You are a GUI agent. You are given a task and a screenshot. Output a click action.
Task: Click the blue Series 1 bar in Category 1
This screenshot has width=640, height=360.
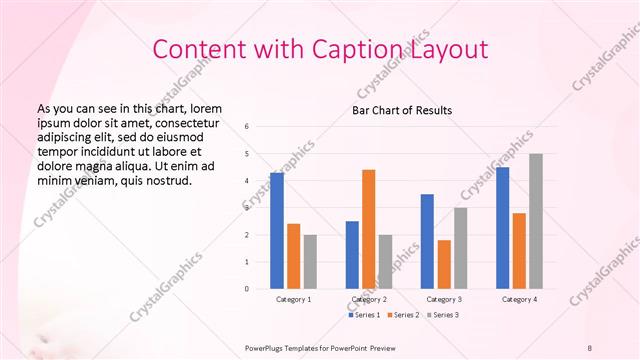coord(277,231)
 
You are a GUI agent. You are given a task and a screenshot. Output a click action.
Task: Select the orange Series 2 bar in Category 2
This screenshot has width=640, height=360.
coord(369,229)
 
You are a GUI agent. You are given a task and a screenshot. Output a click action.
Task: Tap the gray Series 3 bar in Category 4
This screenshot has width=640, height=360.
coord(536,221)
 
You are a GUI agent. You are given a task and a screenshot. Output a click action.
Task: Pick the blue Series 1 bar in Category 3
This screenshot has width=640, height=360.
coord(427,241)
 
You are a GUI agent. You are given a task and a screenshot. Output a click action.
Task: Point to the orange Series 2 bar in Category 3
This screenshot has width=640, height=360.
coord(444,264)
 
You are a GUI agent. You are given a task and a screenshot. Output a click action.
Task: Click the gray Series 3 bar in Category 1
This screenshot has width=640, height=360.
coord(310,262)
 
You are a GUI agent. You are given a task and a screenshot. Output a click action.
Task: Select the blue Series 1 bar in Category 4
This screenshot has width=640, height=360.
coord(503,228)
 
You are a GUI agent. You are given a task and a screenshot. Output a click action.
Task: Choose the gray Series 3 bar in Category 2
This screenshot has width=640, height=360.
coord(386,262)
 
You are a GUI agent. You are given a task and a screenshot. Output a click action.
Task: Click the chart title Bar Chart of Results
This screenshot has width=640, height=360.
coord(402,110)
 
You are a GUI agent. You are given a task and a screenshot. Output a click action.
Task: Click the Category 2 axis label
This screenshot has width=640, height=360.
coord(368,299)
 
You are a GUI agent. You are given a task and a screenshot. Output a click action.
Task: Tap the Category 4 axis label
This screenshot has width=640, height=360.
coord(518,299)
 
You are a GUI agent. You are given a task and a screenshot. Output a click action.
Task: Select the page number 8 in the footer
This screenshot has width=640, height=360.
coord(590,347)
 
